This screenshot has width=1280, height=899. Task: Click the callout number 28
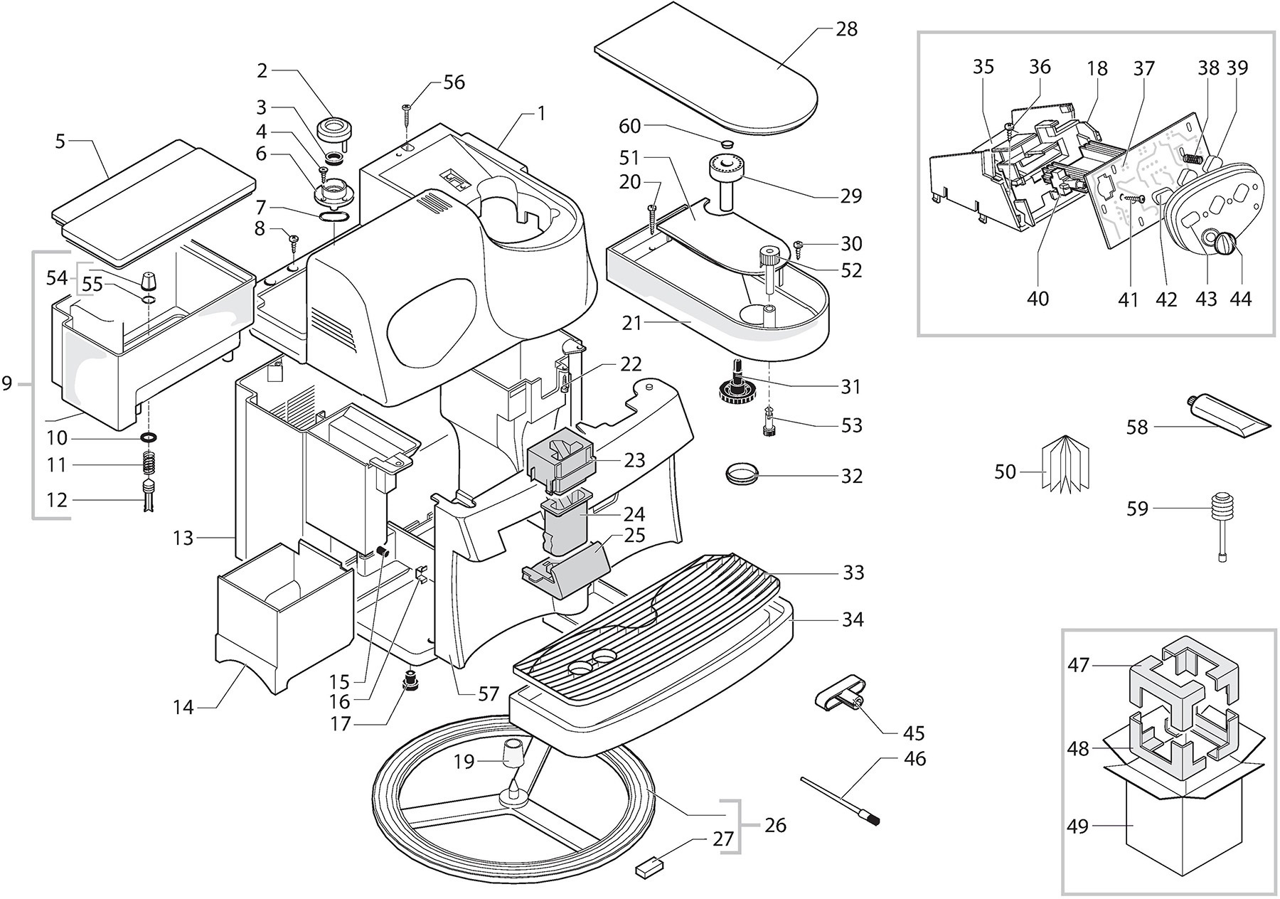click(847, 29)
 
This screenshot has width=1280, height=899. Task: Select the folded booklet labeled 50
click(1065, 463)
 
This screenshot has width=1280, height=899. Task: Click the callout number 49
click(1078, 826)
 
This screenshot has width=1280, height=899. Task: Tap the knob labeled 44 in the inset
click(1227, 244)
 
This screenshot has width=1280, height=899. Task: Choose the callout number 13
click(183, 538)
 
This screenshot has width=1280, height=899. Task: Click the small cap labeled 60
click(726, 144)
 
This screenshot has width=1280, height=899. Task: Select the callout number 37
click(1144, 69)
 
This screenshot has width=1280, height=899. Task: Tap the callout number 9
click(7, 384)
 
